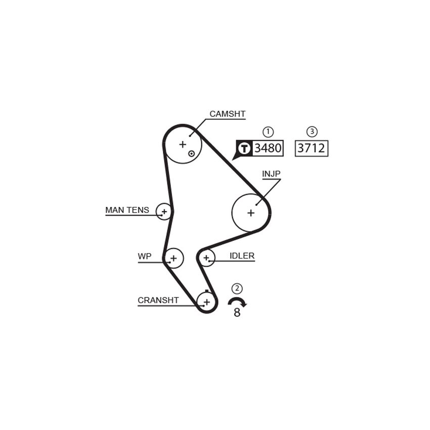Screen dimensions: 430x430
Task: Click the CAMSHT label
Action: [227, 114]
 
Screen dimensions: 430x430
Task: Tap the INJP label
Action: [271, 174]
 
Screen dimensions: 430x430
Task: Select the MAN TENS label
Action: [127, 210]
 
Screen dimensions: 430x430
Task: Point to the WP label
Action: [145, 256]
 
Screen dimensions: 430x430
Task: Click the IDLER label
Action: [242, 256]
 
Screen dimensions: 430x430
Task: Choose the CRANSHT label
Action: [158, 300]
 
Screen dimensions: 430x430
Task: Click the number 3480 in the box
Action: [268, 148]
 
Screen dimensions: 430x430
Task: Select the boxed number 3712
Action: [311, 148]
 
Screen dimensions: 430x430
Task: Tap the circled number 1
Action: [268, 132]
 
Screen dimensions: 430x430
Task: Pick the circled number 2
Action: [237, 288]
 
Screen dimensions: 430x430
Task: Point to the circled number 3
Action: [312, 132]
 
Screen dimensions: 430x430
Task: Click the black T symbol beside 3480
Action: [244, 148]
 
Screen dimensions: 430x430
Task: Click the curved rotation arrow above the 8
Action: [237, 300]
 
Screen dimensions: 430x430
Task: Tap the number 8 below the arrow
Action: [237, 312]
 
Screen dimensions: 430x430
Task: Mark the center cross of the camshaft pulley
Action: [182, 144]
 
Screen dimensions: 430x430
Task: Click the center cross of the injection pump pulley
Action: [250, 213]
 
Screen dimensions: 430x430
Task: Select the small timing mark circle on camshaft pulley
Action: [191, 154]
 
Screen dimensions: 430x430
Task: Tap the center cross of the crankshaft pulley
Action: [207, 302]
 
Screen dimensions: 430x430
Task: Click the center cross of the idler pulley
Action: [206, 258]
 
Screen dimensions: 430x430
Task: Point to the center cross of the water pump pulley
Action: [174, 258]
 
